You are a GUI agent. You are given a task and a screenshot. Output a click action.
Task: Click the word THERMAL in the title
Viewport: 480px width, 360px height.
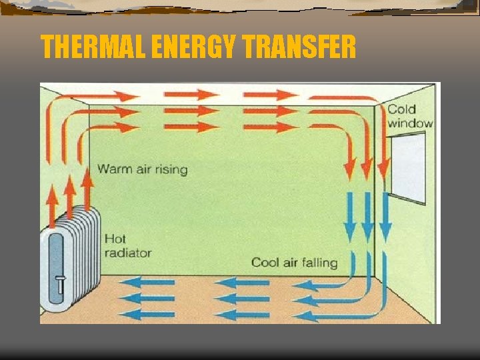point(93,47)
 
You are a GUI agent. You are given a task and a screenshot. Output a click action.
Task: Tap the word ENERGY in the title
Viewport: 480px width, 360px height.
point(193,47)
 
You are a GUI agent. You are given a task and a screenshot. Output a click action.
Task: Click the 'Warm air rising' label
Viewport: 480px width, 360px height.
point(143,169)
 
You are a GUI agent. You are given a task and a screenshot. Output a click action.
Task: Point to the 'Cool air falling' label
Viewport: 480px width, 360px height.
point(294,262)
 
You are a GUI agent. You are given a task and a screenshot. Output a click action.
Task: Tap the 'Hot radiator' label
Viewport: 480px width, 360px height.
point(127,245)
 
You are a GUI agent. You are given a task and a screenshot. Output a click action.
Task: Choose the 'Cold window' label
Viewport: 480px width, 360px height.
point(409,116)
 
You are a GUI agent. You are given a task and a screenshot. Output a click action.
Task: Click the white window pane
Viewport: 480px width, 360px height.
point(408,167)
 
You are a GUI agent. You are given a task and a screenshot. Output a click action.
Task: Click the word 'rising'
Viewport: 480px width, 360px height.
point(171,169)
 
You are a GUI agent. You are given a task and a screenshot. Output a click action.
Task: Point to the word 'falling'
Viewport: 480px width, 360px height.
point(319,262)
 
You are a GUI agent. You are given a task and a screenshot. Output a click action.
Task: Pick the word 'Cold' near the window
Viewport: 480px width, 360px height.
point(401,109)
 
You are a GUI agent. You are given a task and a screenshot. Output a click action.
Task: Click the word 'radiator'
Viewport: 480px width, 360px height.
point(127,253)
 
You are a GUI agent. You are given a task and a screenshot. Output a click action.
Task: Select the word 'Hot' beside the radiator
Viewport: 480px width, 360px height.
point(115,239)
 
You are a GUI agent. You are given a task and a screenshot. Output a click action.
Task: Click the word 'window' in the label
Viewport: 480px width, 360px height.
point(410,123)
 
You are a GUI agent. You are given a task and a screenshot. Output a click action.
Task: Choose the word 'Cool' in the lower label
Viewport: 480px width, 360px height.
point(265,262)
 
